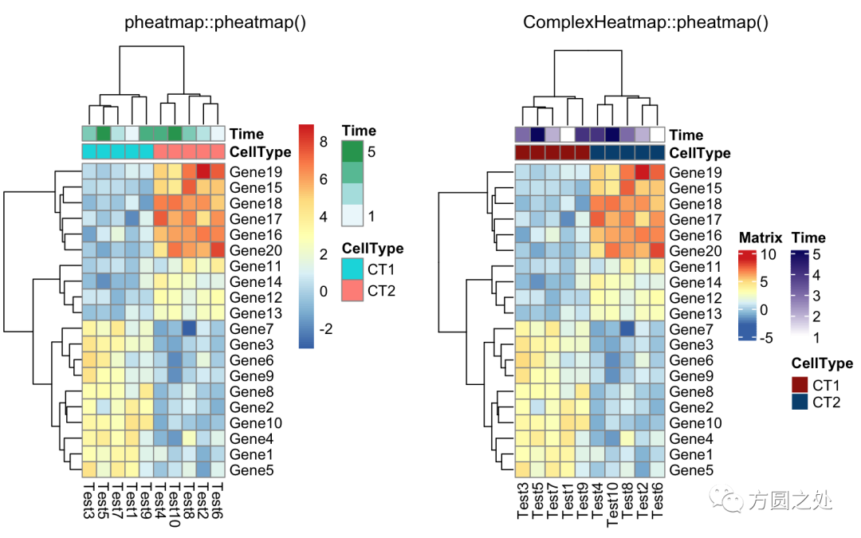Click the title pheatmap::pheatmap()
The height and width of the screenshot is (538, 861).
click(x=215, y=22)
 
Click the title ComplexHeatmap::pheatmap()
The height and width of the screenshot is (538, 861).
click(x=646, y=22)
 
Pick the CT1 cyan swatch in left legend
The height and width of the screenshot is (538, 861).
click(x=352, y=269)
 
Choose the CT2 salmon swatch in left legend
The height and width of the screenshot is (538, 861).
click(x=352, y=290)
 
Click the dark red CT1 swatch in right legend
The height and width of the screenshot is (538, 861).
click(x=800, y=384)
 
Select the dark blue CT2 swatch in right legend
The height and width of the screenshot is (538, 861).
click(x=800, y=403)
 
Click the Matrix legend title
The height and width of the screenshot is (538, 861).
click(x=761, y=238)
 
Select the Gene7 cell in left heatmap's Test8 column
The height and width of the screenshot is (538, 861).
click(x=189, y=328)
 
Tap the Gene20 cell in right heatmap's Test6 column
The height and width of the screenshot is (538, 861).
click(x=657, y=250)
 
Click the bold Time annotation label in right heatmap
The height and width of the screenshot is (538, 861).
click(x=686, y=135)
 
